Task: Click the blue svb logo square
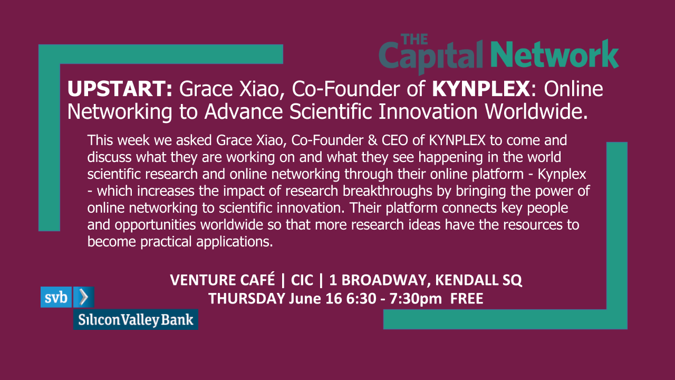(x=56, y=298)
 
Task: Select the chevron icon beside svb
(x=83, y=298)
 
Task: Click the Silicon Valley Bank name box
(x=136, y=320)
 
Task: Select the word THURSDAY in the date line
(x=247, y=299)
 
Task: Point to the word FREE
(x=466, y=299)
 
